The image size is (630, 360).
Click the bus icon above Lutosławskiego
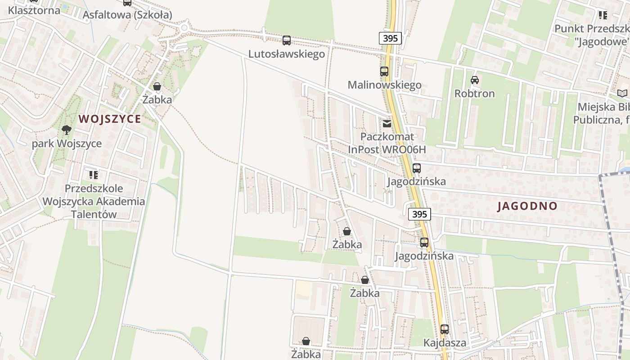tap(287, 40)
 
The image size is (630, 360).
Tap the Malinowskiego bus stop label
tap(384, 85)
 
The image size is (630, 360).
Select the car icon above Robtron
tap(474, 80)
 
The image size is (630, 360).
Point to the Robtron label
tap(474, 94)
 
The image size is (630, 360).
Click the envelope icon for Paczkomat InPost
tap(387, 124)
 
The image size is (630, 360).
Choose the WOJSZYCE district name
tap(110, 119)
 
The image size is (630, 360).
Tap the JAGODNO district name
tap(527, 206)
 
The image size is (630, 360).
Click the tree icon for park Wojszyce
tap(67, 130)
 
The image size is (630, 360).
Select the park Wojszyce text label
tap(67, 144)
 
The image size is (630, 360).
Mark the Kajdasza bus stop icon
tap(445, 329)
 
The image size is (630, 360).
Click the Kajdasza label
tap(445, 343)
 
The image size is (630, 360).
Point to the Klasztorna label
tap(34, 10)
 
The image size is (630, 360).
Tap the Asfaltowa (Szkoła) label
tap(127, 14)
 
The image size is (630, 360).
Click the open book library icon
tap(622, 94)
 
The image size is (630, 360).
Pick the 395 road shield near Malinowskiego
tap(390, 38)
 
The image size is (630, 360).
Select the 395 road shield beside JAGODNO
tap(419, 214)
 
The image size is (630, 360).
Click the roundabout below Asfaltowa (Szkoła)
tap(184, 28)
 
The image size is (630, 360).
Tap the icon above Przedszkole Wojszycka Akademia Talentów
tap(94, 175)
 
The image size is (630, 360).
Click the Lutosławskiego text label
tap(287, 54)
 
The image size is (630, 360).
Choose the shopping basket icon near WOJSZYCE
tap(157, 86)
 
